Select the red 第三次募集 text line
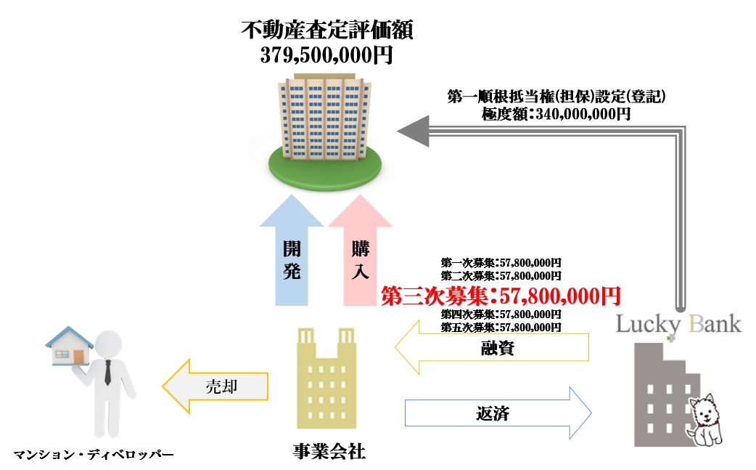pos(501,296)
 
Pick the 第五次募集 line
pos(501,328)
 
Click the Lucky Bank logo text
pos(678,323)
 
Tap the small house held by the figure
pos(69,347)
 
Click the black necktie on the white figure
pos(107,371)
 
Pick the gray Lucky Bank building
pos(664,392)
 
